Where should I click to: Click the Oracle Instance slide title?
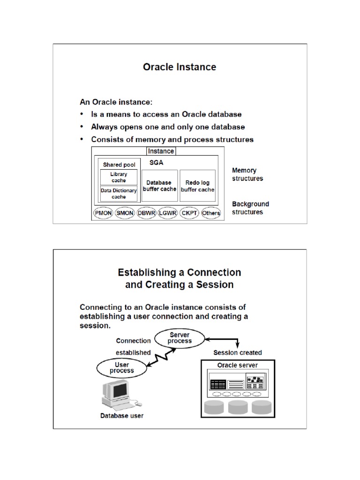point(180,67)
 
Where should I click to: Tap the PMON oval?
point(103,213)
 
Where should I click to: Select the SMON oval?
point(125,213)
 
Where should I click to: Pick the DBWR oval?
point(146,213)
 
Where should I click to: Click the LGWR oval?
point(167,213)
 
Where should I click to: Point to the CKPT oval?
point(189,213)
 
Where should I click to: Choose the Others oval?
point(211,213)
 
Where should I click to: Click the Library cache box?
point(119,177)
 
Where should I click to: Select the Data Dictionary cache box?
point(119,194)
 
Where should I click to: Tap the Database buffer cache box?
point(159,186)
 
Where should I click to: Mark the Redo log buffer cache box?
point(198,186)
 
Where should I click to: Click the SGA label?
point(156,162)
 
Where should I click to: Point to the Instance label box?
point(161,151)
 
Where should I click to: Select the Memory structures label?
point(247,174)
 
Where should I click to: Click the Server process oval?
point(180,338)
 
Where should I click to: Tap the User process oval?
point(122,367)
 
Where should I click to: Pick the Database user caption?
point(122,415)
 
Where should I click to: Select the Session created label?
point(238,352)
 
